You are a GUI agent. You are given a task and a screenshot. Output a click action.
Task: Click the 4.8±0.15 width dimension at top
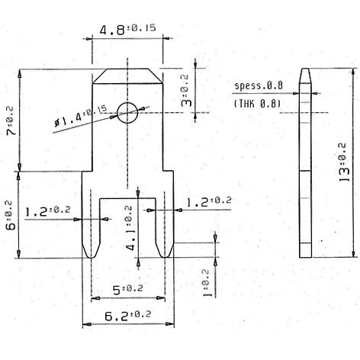pos(127,30)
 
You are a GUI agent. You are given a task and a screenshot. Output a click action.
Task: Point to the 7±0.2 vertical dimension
pos(11,121)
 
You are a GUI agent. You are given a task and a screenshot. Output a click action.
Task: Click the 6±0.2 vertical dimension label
pos(11,215)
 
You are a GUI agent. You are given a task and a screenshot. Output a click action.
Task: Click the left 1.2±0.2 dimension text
pos(47,209)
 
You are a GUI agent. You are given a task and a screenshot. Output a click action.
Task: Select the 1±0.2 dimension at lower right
pos(204,282)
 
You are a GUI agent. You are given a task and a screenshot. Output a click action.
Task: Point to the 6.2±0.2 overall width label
pos(127,313)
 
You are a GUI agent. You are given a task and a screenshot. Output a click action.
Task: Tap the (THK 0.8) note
pos(257,103)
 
